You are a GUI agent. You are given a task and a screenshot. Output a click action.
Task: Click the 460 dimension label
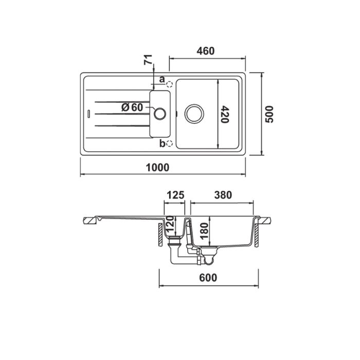[206, 51]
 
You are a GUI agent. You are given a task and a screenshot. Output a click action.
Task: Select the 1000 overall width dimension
[157, 168]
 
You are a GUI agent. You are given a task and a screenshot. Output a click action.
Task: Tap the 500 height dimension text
[269, 114]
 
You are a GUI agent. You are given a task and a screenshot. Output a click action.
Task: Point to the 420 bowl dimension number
[225, 114]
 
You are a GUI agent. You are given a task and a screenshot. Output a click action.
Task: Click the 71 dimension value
[148, 60]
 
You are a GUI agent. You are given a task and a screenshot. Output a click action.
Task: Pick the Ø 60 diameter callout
[132, 107]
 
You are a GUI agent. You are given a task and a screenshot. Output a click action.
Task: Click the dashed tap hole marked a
[169, 84]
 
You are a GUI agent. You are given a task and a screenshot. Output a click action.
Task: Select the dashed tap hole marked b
[169, 143]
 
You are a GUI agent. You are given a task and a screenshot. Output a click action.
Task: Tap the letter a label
[162, 79]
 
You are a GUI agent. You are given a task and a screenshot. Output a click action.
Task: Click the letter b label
[163, 143]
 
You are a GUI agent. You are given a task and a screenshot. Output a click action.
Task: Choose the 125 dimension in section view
[175, 195]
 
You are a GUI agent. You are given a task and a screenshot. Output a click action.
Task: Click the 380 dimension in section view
[223, 195]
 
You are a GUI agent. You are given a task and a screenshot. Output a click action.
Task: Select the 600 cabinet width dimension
[208, 278]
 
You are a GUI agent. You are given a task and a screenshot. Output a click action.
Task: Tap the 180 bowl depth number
[204, 231]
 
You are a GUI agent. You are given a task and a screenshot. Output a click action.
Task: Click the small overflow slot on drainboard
[88, 114]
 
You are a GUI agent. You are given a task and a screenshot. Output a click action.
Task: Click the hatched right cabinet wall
[257, 235]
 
